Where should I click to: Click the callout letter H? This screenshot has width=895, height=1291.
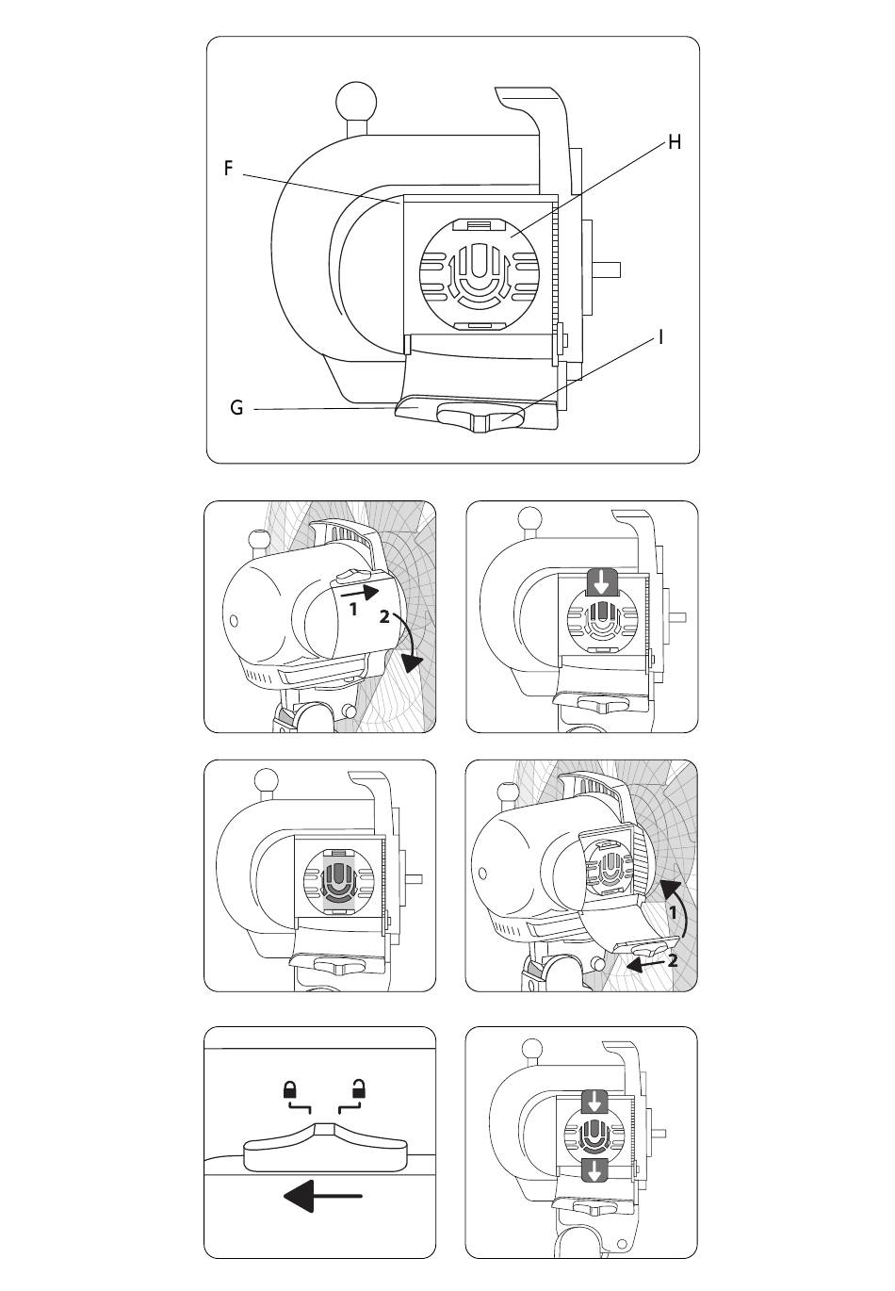[x=674, y=142]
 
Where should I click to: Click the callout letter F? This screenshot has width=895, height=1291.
[x=228, y=169]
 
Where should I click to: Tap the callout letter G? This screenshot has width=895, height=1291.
[x=236, y=408]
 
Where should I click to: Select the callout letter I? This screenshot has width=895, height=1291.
[x=661, y=336]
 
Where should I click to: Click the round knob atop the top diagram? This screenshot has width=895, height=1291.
[x=357, y=101]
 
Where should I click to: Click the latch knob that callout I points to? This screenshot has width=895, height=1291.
[x=480, y=417]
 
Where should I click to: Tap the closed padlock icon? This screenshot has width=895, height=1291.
[x=290, y=1090]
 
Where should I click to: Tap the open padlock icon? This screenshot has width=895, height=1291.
[x=358, y=1089]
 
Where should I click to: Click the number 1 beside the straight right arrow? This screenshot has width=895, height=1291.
[x=353, y=609]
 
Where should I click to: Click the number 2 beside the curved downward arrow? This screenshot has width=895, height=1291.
[x=383, y=618]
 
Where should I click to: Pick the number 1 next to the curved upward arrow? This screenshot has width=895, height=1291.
[x=674, y=912]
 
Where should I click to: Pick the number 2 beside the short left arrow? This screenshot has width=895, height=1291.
[x=673, y=960]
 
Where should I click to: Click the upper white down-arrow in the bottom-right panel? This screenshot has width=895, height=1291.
[x=594, y=1101]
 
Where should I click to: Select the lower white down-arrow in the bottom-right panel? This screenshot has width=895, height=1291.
[x=594, y=1171]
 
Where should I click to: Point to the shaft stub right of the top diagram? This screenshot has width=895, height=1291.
[x=608, y=270]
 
